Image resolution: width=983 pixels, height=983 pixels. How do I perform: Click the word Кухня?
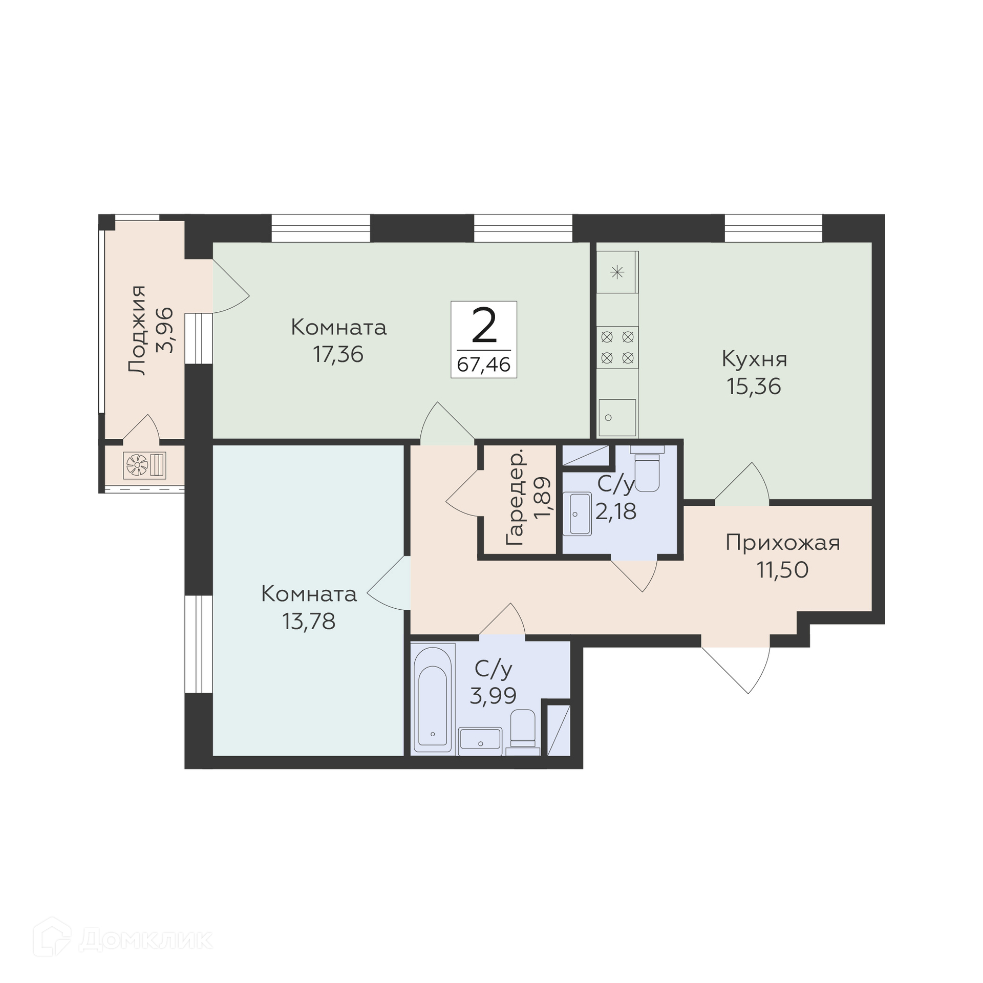(x=754, y=359)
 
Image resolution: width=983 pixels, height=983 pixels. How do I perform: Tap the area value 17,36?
(x=338, y=354)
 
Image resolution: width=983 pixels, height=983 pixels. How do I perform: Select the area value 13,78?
(x=309, y=622)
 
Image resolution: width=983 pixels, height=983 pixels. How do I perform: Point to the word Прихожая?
(x=783, y=543)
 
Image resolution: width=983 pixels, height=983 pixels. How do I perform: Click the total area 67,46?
(x=484, y=365)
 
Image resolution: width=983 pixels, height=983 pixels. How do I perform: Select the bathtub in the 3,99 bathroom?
(x=433, y=699)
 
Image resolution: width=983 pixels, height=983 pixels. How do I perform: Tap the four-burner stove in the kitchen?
(x=617, y=347)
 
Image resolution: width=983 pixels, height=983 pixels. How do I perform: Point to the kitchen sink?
(x=617, y=417)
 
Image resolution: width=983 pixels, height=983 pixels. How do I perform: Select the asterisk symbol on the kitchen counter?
(x=617, y=272)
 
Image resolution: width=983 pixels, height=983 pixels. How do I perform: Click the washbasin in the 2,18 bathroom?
(x=577, y=514)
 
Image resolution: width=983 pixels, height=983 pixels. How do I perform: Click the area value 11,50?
(x=783, y=570)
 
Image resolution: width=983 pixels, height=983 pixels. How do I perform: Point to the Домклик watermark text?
(x=146, y=940)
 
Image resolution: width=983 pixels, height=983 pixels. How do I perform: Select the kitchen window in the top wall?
(x=773, y=228)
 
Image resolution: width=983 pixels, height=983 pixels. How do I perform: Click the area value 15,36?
(x=754, y=387)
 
